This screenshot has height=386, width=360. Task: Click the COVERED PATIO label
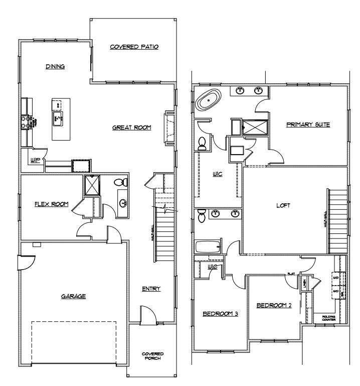[x=134, y=47]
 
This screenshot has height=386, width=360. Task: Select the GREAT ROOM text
[x=131, y=128]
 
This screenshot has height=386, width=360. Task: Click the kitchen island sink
[x=58, y=119]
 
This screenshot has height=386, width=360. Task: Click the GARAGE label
[x=73, y=296]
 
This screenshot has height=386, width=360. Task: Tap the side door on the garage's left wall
[x=24, y=261]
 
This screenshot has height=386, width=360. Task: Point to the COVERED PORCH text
[x=152, y=356]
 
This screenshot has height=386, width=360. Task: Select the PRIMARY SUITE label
[x=308, y=124]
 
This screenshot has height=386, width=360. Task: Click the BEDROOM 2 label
[x=274, y=305]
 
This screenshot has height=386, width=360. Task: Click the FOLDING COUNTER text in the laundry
[x=329, y=318]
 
